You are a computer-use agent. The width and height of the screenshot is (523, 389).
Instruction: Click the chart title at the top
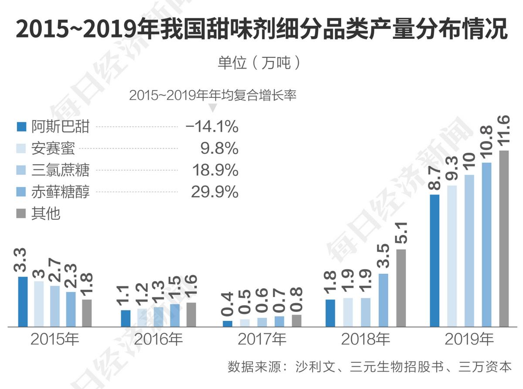[261, 29]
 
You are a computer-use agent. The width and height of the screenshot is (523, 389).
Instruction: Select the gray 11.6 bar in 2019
[504, 238]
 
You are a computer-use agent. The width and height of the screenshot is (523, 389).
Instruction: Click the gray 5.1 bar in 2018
[401, 288]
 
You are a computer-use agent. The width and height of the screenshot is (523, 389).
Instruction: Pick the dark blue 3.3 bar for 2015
[23, 301]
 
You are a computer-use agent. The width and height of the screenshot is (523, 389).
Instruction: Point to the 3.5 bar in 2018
[384, 300]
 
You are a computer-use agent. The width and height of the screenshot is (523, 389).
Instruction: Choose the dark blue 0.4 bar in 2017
[228, 324]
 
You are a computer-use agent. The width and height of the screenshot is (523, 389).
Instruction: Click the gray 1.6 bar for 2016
[191, 314]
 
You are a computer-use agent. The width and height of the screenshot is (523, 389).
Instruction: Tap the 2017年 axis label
[261, 339]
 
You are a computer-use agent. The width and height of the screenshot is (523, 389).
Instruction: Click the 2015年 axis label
[54, 339]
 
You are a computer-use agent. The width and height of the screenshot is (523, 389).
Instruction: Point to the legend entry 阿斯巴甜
[60, 127]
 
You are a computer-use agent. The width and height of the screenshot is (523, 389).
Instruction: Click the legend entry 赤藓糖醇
[60, 192]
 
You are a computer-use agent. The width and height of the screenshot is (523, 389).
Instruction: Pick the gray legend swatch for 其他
[22, 214]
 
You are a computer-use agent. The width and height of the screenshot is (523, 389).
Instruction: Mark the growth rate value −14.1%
[212, 127]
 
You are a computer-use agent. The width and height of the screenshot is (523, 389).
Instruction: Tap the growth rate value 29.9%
[214, 192]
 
